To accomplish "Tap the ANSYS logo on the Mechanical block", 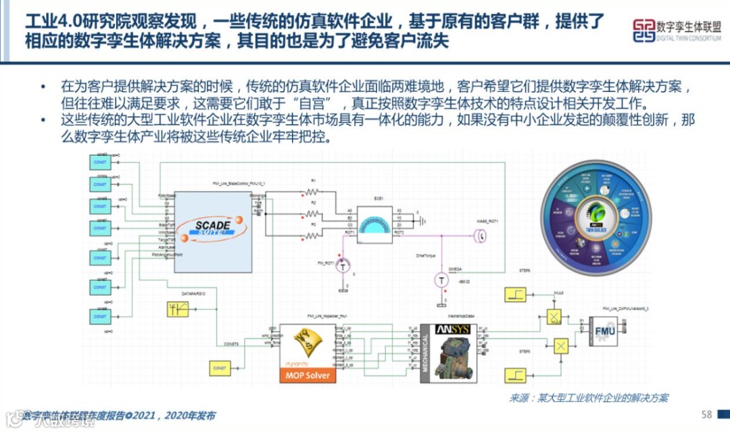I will [x=452, y=330].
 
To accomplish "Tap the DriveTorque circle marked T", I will [x=440, y=278].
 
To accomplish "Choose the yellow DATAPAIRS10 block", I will [x=179, y=309].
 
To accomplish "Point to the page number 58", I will [x=707, y=414].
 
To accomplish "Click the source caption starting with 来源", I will [x=588, y=398].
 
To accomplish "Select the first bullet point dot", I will [x=45, y=87].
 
